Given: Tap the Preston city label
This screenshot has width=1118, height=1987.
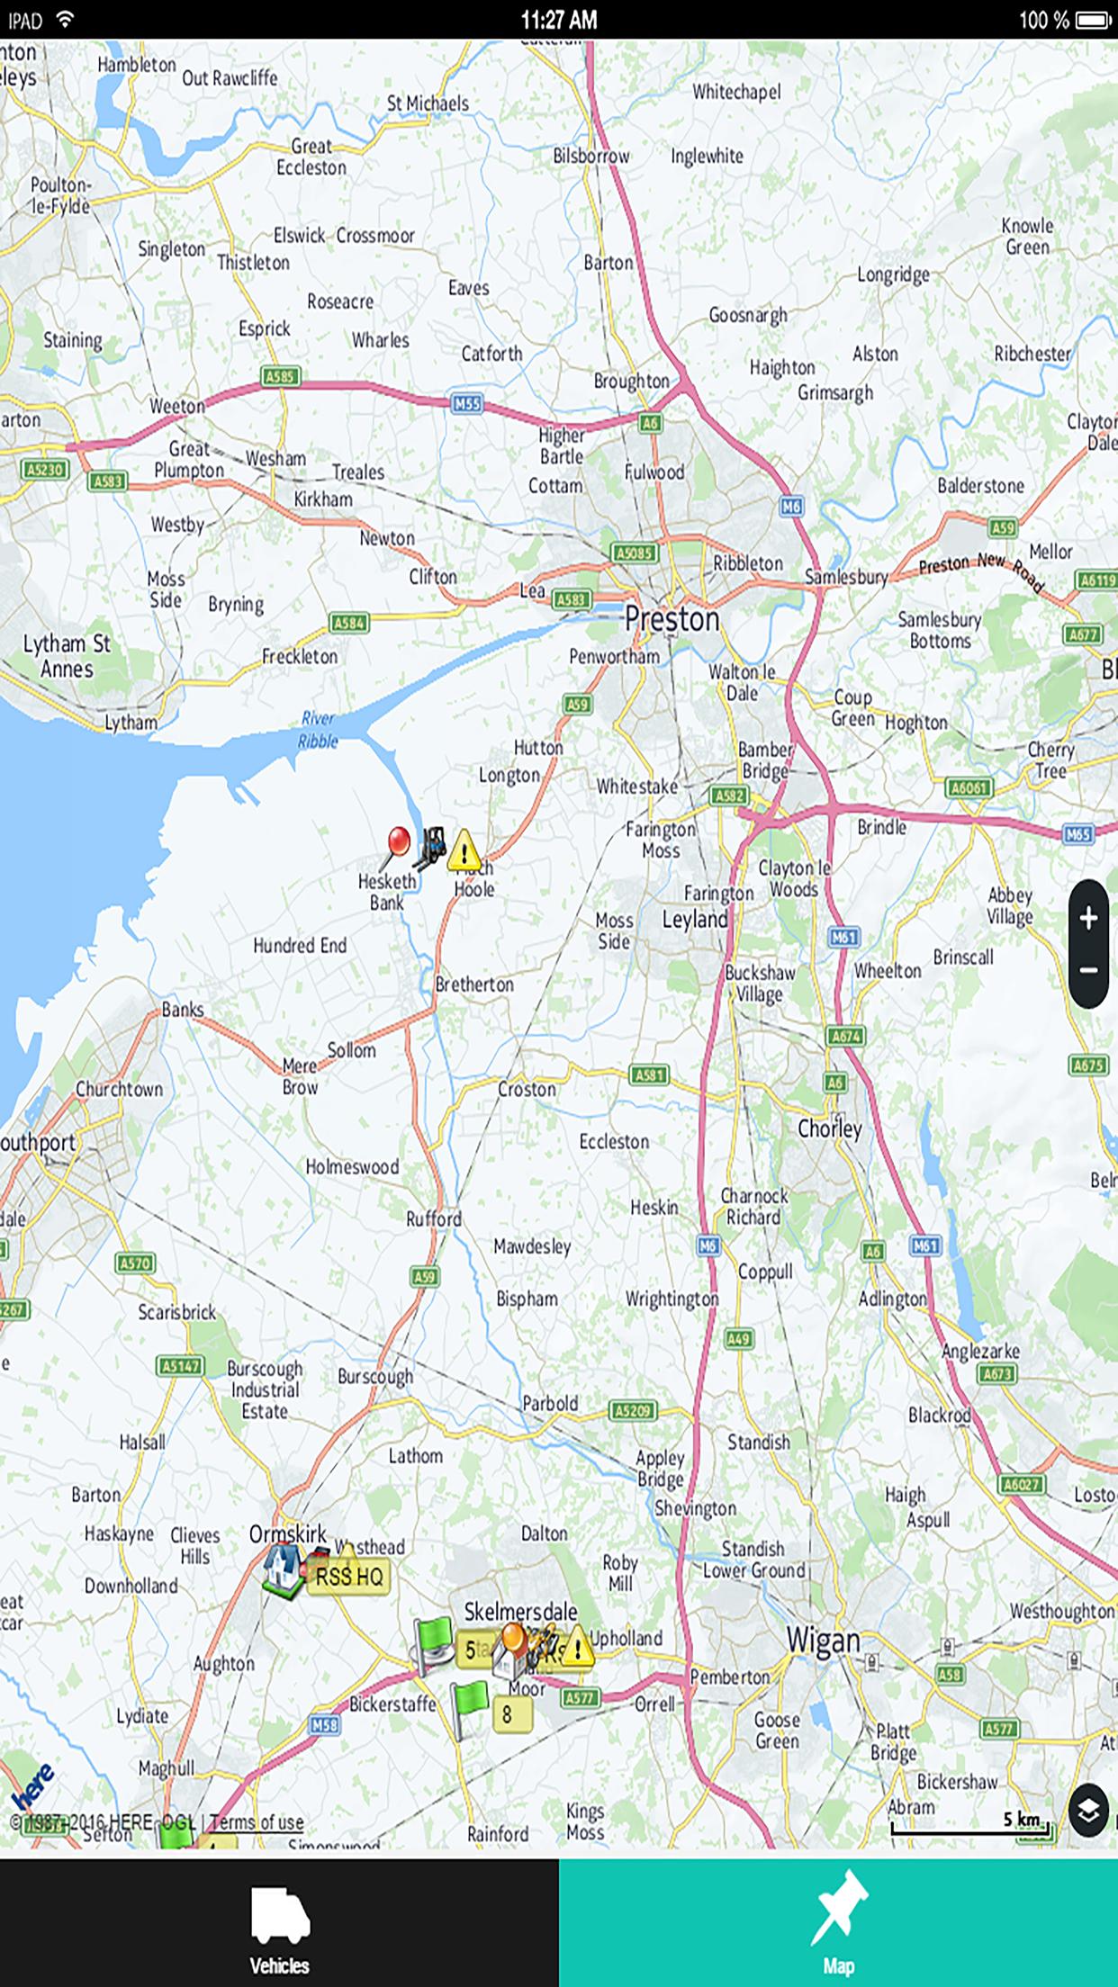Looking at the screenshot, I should click(672, 619).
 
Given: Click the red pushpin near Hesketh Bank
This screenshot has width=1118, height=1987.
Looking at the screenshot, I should click(398, 843).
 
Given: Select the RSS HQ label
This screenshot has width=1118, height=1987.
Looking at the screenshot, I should click(349, 1577).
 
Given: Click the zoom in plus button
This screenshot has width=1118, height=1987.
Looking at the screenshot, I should click(1088, 918).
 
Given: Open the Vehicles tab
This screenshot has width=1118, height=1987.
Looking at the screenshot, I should click(279, 1924).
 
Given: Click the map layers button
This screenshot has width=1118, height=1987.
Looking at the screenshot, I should click(1088, 1810).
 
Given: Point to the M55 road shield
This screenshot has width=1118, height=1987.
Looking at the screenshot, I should click(466, 403).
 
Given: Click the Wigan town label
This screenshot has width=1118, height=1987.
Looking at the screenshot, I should click(823, 1641).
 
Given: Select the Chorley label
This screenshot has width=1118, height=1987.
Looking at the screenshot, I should click(829, 1128).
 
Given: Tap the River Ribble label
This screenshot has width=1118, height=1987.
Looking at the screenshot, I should click(318, 730).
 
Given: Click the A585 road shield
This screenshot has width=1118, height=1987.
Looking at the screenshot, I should click(280, 376).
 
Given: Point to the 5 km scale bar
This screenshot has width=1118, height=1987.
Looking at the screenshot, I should click(969, 1827).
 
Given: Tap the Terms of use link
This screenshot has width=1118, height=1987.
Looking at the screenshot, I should click(257, 1822).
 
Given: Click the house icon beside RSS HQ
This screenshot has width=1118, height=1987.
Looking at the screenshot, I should click(284, 1569).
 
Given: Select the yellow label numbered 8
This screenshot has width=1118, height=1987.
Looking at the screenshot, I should click(508, 1714).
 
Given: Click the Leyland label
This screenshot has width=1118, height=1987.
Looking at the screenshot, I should click(694, 920).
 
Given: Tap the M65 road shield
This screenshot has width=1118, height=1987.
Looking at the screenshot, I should click(1077, 834).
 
